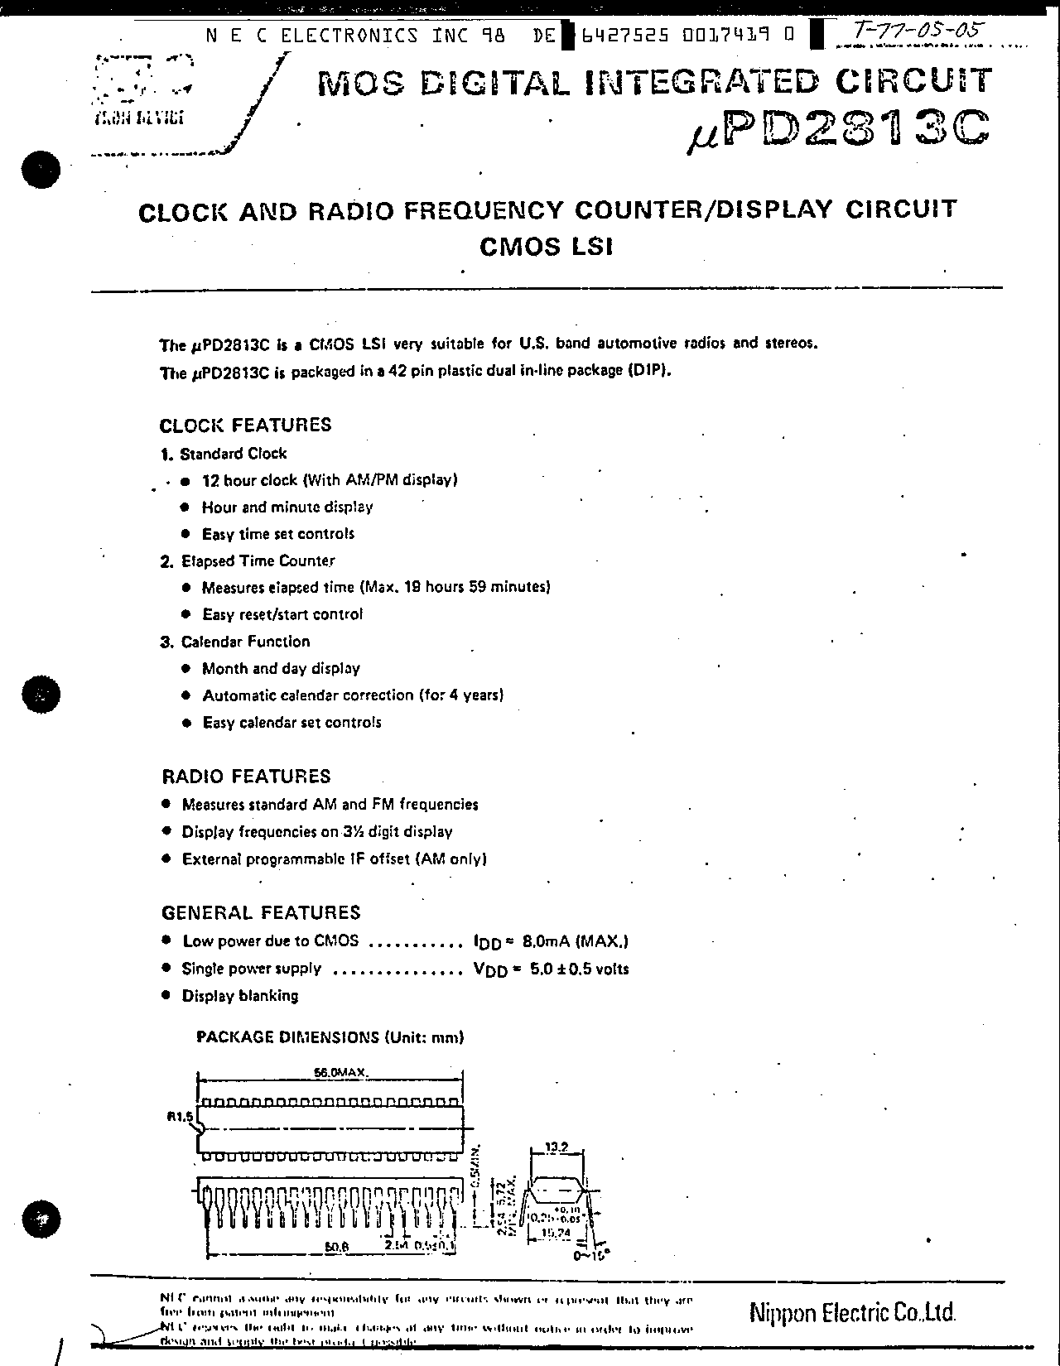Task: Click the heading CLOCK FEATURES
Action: coord(245,425)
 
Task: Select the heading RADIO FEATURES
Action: coord(246,776)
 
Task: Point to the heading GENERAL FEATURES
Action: coord(261,912)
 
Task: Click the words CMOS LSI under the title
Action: coord(547,246)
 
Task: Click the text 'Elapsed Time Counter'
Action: coord(258,560)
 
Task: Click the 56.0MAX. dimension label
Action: coord(340,1072)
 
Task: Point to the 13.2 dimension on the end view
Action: coord(556,1147)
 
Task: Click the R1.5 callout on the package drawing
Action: coord(180,1116)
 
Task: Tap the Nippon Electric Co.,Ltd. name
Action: coord(852,1312)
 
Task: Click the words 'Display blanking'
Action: coord(240,996)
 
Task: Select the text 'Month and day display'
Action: coord(281,668)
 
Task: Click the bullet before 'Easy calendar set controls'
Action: coord(186,722)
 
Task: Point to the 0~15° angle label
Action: coord(590,1255)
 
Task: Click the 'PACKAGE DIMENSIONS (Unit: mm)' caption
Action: coord(330,1037)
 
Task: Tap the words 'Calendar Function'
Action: coord(245,642)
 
